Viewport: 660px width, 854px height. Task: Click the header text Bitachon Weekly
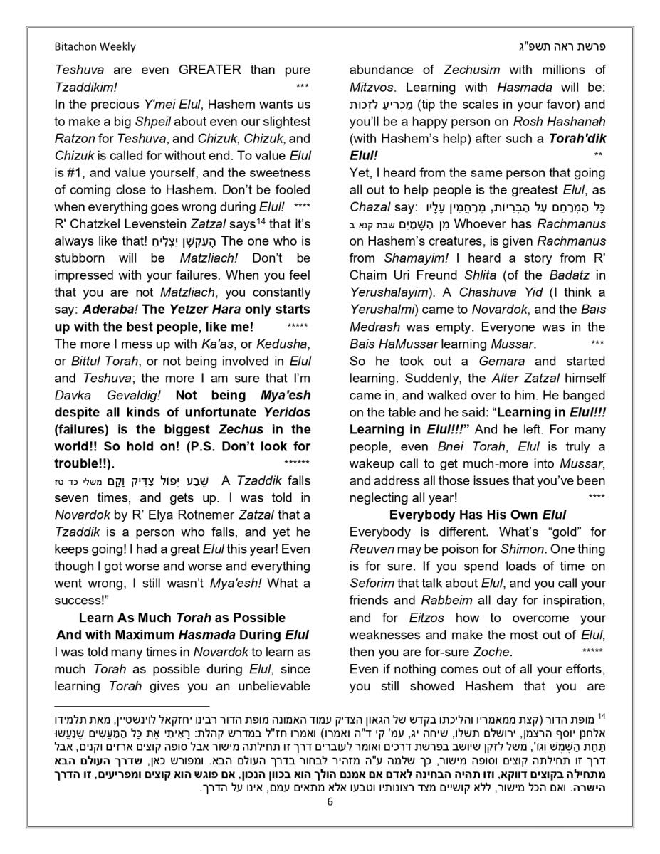click(x=95, y=46)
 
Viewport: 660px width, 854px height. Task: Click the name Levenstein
click(x=156, y=224)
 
